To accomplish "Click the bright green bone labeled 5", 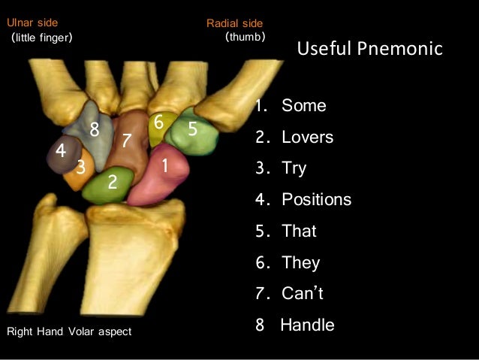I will click(x=193, y=132).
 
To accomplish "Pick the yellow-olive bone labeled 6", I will click(x=158, y=128).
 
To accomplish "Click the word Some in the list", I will click(x=303, y=106).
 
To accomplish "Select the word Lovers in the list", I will click(x=307, y=138).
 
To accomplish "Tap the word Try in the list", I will click(x=294, y=168).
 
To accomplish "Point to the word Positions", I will click(x=316, y=200).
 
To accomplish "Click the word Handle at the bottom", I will click(x=307, y=325).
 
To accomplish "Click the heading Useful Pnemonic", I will click(x=370, y=50).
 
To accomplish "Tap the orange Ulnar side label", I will click(x=32, y=23).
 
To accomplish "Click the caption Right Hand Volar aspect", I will click(x=68, y=331).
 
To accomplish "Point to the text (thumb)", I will click(x=245, y=36).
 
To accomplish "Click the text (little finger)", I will click(x=41, y=37).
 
